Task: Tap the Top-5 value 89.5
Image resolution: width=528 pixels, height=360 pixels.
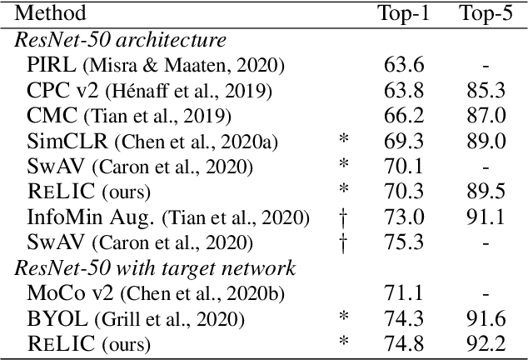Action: point(486,191)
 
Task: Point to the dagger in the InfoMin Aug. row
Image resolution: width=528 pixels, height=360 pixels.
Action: point(344,217)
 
